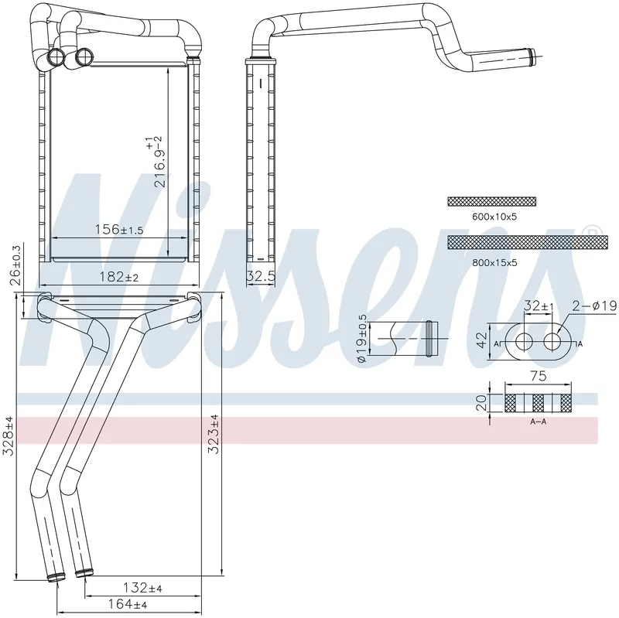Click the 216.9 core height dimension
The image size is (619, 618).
point(155,162)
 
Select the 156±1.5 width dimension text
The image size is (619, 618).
point(119,229)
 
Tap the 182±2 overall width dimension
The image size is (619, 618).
point(119,277)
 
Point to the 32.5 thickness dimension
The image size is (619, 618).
point(260,276)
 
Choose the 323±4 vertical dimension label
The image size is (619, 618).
point(214,434)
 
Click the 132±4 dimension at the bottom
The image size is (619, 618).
point(142,588)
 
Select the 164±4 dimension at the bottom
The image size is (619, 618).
point(127,604)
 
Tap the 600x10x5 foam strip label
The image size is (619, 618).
point(494,217)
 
